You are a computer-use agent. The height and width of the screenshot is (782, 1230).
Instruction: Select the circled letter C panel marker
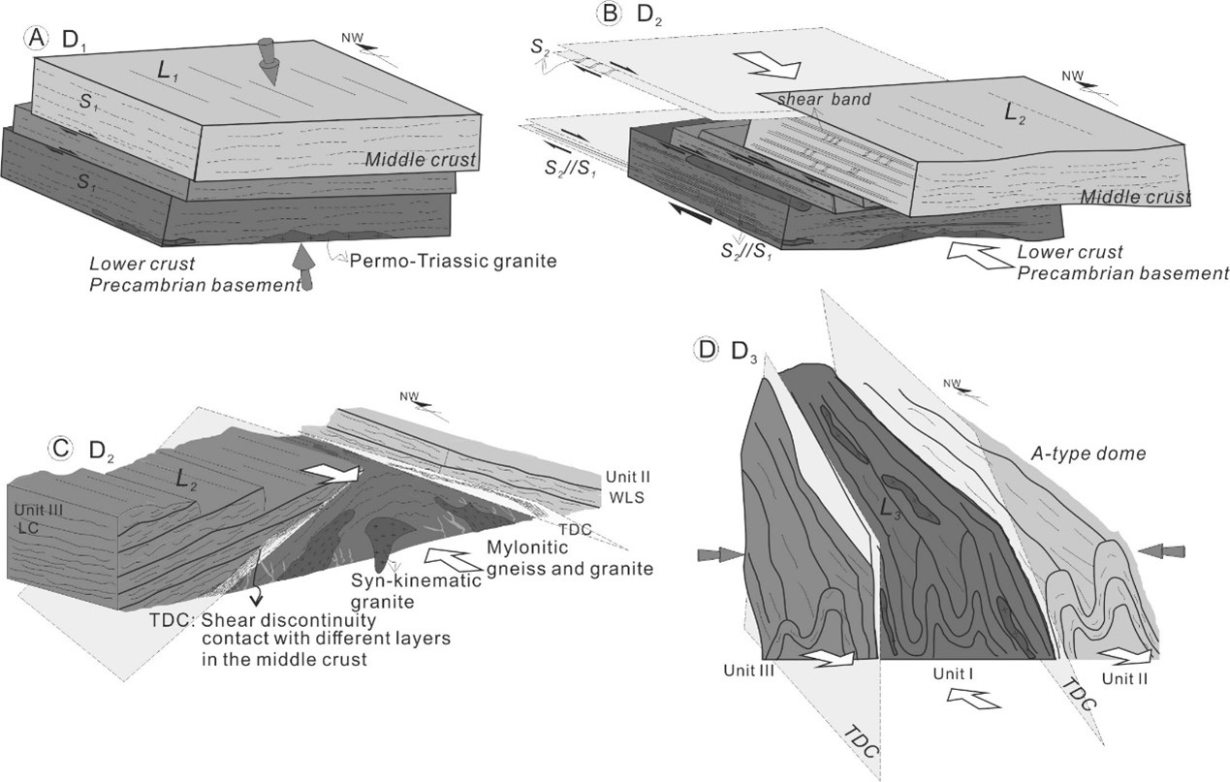point(61,448)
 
